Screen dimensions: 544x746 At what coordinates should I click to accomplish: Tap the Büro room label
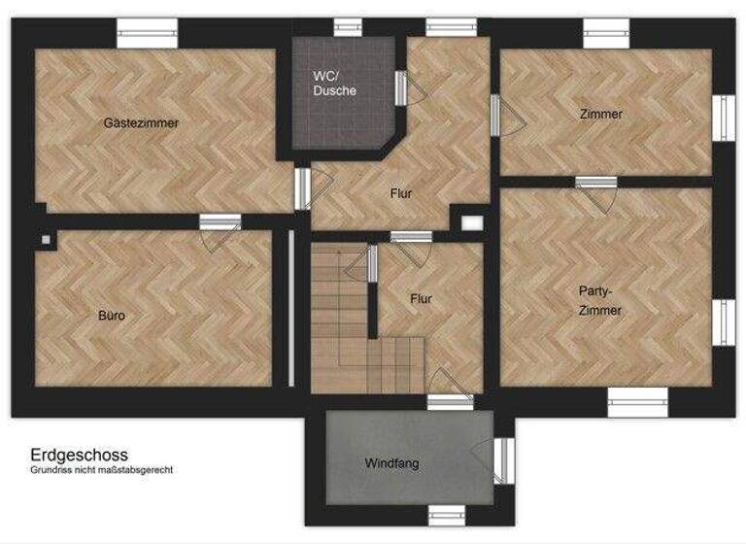pyautogui.click(x=112, y=316)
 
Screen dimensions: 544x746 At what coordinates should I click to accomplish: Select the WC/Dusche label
pyautogui.click(x=334, y=83)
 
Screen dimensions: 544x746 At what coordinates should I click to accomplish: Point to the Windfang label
pyautogui.click(x=392, y=463)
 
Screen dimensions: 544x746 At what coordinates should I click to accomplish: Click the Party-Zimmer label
pyautogui.click(x=599, y=300)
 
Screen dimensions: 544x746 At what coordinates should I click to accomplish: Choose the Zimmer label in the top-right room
pyautogui.click(x=600, y=115)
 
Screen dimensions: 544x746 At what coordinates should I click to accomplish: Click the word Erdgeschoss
pyautogui.click(x=79, y=454)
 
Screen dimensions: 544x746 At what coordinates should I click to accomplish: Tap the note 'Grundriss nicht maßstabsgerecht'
pyautogui.click(x=101, y=470)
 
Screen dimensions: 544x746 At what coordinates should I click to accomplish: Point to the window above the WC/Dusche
pyautogui.click(x=348, y=28)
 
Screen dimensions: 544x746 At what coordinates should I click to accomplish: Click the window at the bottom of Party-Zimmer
pyautogui.click(x=638, y=402)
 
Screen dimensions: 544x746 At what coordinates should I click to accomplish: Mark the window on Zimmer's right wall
pyautogui.click(x=724, y=117)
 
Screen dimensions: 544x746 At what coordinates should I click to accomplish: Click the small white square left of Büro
pyautogui.click(x=46, y=240)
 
